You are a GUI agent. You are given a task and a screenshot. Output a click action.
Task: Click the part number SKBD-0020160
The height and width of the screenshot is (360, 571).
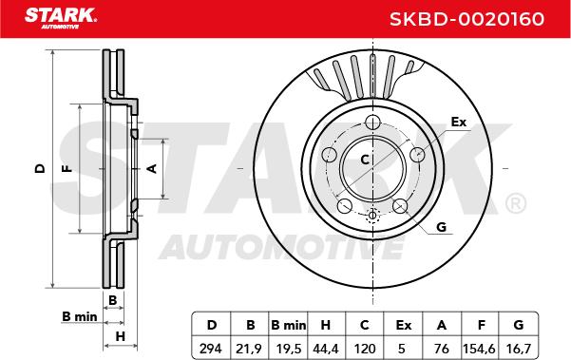[466, 19]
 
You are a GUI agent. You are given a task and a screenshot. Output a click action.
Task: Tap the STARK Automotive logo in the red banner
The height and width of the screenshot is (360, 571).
[61, 18]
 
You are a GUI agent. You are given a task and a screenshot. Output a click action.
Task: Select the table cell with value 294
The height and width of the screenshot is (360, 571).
[211, 349]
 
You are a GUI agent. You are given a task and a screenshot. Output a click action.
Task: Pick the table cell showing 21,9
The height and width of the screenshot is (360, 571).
[249, 349]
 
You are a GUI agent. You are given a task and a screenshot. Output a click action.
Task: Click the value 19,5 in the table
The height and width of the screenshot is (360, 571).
[289, 349]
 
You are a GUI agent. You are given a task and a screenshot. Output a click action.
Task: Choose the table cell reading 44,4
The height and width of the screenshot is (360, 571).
[326, 349]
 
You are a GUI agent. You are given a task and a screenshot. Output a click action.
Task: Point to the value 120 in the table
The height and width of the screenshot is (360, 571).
[365, 349]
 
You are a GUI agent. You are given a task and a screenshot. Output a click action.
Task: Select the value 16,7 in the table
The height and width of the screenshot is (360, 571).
[518, 349]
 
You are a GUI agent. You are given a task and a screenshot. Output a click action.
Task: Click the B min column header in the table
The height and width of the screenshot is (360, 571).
[289, 325]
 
